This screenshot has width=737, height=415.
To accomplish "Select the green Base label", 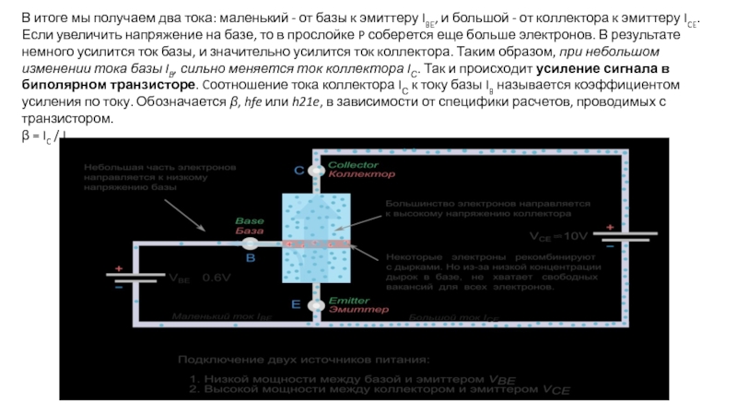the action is click(250, 221).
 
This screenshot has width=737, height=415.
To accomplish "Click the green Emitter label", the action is click(347, 300).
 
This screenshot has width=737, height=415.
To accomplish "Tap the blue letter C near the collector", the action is click(298, 171).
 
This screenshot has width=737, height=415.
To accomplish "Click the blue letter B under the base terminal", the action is click(251, 259).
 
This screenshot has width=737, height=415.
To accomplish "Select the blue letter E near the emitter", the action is click(296, 303).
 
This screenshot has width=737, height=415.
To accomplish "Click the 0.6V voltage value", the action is click(216, 277).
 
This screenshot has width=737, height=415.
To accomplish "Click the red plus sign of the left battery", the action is click(118, 270).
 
